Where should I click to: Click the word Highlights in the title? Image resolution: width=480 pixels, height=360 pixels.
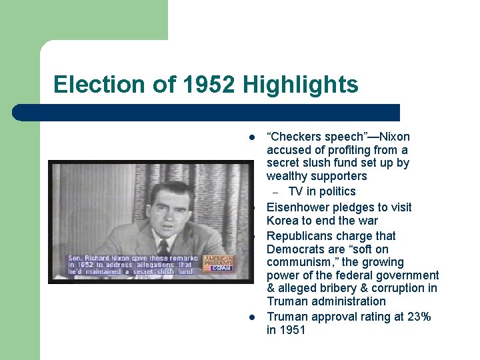click(301, 85)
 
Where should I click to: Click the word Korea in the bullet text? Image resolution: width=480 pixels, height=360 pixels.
click(283, 221)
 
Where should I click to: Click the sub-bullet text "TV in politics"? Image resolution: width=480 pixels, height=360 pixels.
click(322, 192)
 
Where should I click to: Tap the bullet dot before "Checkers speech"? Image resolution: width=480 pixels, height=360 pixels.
click(252, 138)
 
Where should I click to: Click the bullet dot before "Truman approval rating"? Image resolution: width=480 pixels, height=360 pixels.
click(252, 317)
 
